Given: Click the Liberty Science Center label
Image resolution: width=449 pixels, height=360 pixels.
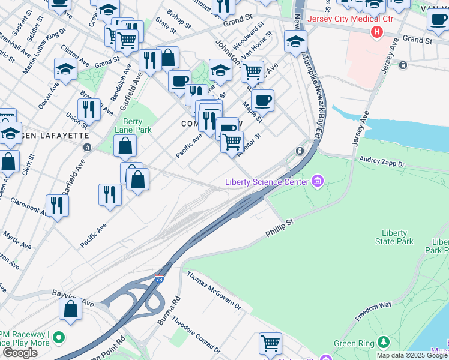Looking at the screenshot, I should coord(267,182).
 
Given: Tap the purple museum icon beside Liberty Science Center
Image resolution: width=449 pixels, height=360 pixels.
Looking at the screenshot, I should coord(318,181).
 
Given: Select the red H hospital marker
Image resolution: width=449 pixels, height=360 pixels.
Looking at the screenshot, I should coord(377,32).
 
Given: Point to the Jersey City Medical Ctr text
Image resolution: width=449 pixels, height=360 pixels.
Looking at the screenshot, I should coord(342,19).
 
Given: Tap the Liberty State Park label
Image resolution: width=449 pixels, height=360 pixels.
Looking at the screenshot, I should coord(394,237).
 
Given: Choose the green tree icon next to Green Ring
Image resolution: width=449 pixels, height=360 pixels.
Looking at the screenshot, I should coord(384,343).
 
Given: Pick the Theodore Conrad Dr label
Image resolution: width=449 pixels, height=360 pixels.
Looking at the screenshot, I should coord(196,332).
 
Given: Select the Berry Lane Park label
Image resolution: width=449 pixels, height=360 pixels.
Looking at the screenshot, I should coord(134,125).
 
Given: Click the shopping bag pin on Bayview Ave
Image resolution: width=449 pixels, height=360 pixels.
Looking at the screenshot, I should coord(71,310).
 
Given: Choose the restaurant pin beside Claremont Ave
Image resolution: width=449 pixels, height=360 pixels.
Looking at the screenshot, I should coord(57,205).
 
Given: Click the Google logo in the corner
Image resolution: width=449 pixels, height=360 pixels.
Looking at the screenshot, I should coord(20,353).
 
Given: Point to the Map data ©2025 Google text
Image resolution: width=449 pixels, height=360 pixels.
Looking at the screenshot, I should coord(412,355).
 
